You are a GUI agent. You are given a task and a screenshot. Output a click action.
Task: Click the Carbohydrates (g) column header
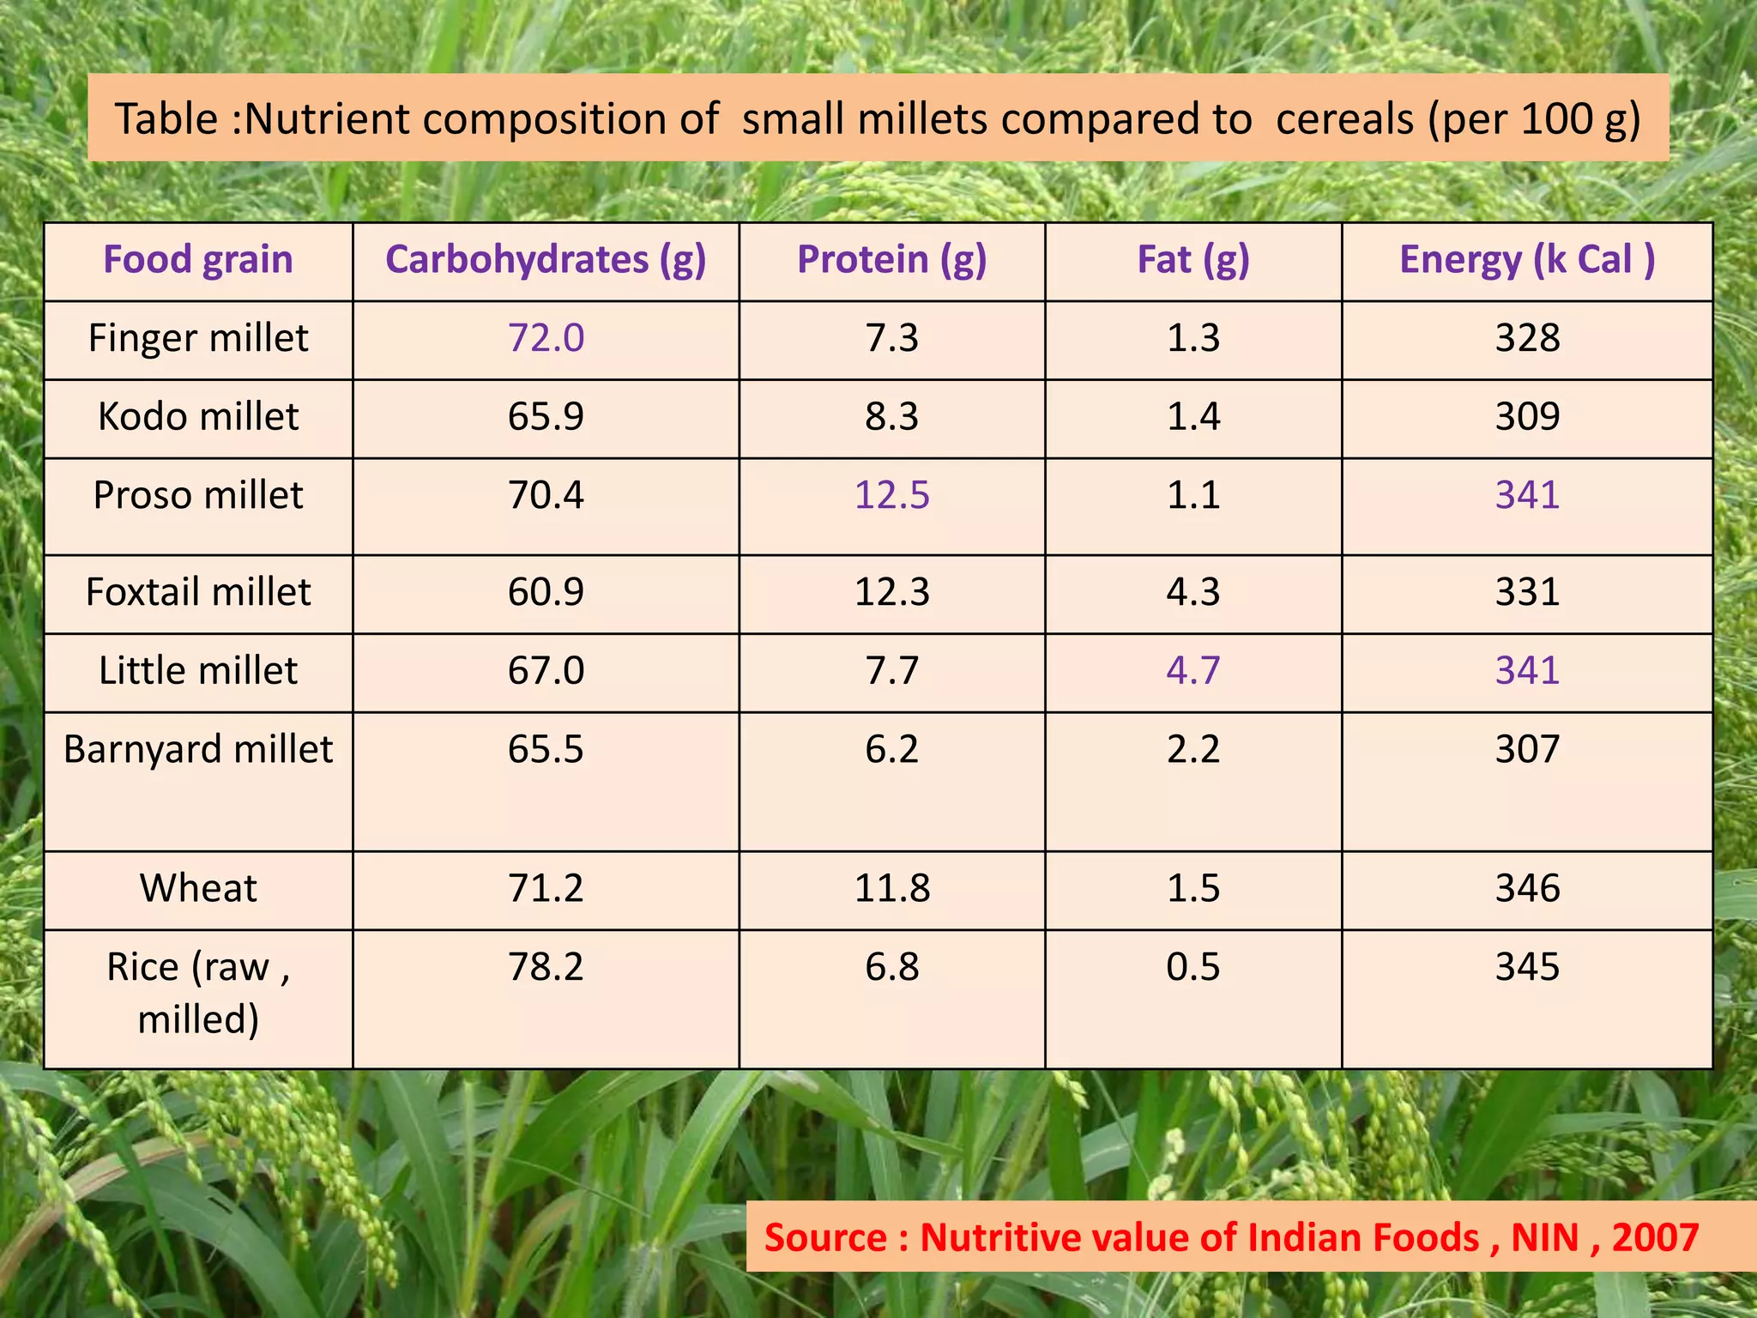point(546,260)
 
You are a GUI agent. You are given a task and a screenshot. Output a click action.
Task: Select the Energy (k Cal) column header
point(1527,260)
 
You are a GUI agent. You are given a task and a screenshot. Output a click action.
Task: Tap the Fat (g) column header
point(1193,260)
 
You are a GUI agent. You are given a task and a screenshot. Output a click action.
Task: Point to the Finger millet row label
point(198,338)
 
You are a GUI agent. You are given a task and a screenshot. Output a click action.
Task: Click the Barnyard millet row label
point(198,749)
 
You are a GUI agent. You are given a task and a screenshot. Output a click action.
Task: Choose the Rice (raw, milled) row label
point(198,992)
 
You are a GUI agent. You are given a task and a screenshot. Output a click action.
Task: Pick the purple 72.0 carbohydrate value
point(546,338)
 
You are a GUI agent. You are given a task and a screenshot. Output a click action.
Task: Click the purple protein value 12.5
point(892,495)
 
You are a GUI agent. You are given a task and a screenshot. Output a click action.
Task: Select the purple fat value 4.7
point(1193,670)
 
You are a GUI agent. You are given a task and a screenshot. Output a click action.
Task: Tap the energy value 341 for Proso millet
point(1527,495)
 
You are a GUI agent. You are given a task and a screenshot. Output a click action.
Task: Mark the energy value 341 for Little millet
point(1527,670)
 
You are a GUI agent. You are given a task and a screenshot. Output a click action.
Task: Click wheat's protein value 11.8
point(892,888)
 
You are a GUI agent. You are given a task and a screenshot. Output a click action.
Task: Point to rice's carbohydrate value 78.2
point(546,967)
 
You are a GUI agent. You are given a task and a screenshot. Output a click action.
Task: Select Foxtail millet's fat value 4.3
point(1193,592)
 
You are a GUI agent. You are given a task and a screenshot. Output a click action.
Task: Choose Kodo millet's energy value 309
point(1527,417)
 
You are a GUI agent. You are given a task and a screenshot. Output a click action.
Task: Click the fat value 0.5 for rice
point(1193,967)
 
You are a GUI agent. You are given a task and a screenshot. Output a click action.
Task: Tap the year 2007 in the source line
point(1655,1237)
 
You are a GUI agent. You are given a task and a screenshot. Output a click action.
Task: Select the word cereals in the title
point(1344,118)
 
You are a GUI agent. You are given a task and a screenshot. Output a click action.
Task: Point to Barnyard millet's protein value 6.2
point(892,749)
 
